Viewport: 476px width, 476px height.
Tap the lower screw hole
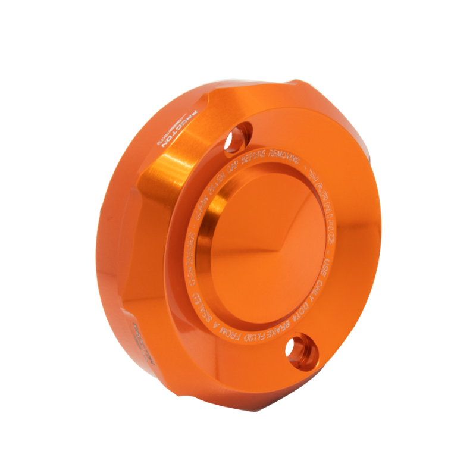[x=299, y=346]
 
